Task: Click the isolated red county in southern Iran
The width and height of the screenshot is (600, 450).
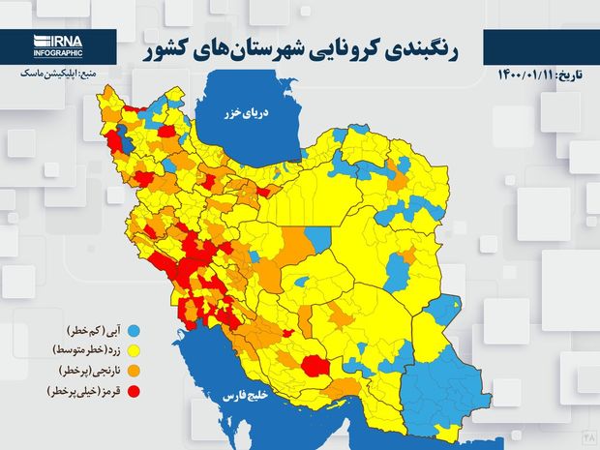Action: [315, 366]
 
